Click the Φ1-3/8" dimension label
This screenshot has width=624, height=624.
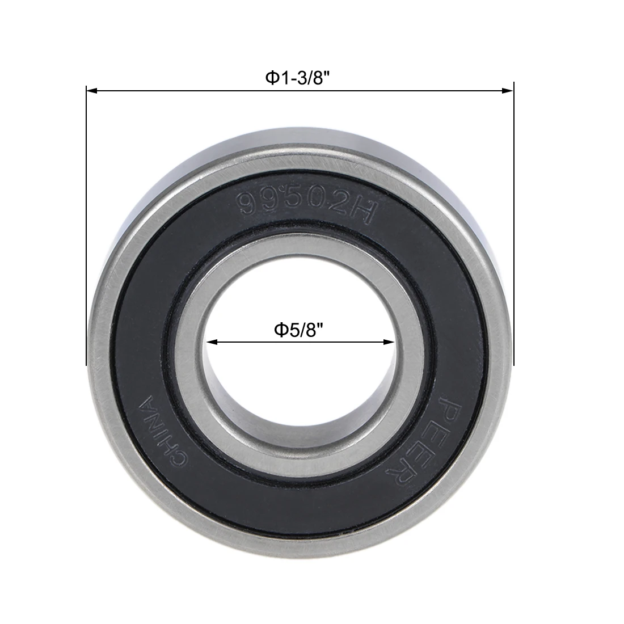coord(298,78)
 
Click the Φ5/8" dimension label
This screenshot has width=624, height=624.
coord(302,330)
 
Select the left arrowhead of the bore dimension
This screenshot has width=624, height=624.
coord(211,342)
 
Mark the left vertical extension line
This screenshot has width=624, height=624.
coord(86,227)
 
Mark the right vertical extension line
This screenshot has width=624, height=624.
coord(513,227)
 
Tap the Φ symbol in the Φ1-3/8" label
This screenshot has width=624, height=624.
coord(272,78)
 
